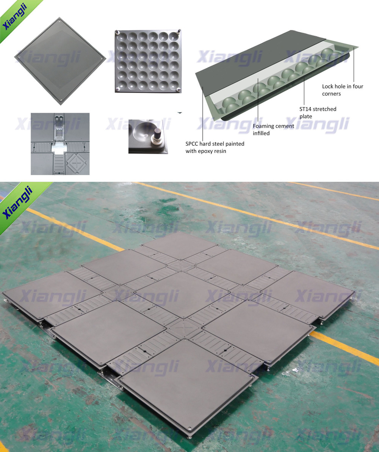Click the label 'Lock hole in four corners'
(343, 90)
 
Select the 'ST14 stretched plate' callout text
(318, 113)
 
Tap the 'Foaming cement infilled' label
(273, 129)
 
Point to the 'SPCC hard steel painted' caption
(215, 143)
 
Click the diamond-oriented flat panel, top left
(60, 61)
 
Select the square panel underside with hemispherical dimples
(148, 61)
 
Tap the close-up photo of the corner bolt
(148, 136)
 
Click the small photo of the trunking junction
(60, 144)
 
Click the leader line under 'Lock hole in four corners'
(354, 65)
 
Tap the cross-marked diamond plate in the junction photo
(77, 163)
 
